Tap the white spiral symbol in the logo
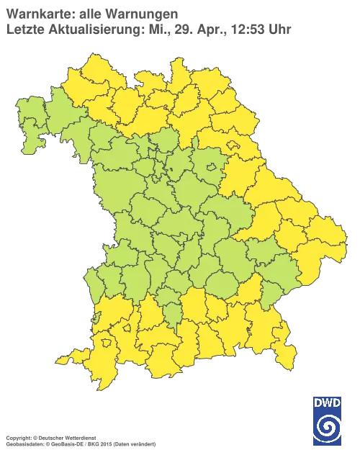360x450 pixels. click(x=328, y=427)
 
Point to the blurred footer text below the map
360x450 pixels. click(x=80, y=437)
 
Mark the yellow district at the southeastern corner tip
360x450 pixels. click(x=287, y=353)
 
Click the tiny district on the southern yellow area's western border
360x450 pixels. click(x=97, y=317)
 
